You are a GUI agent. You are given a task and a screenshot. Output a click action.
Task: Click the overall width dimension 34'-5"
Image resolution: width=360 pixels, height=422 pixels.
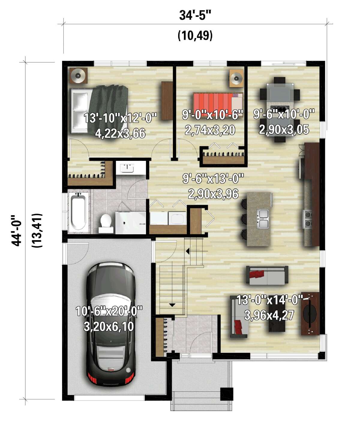coord(195,15)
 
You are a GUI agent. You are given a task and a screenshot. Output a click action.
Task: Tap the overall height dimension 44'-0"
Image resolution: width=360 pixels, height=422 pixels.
coord(16,230)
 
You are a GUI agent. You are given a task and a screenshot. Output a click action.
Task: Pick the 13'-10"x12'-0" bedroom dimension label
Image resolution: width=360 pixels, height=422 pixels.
coord(120,118)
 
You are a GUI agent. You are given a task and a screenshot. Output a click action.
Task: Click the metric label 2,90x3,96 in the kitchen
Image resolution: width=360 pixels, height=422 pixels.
coord(213,194)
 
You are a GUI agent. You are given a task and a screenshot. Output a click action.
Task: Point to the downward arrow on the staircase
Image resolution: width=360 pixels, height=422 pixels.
coord(172,305)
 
